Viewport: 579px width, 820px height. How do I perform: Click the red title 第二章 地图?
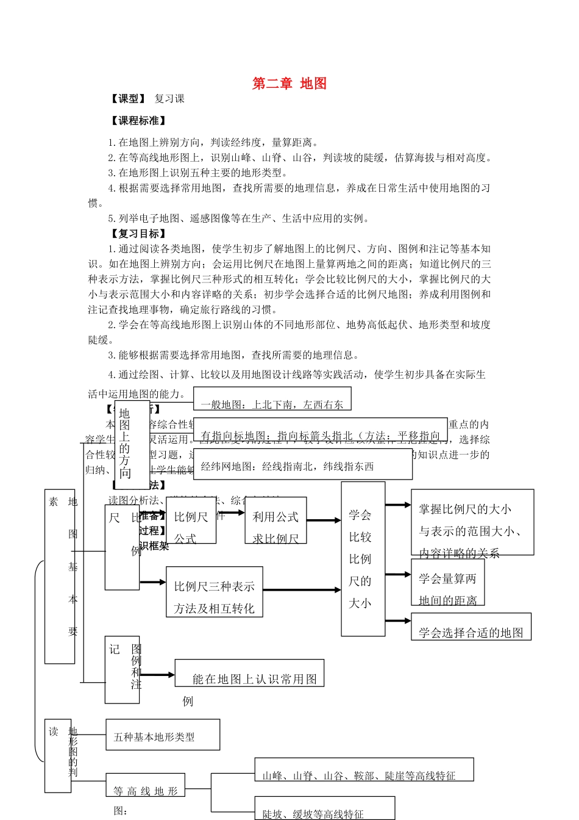(289, 84)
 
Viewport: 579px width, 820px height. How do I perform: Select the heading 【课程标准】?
(138, 121)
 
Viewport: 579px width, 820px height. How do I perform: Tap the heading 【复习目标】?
(138, 234)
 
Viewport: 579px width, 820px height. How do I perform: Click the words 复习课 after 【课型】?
(169, 99)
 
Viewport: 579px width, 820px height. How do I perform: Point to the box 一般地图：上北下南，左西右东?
(272, 398)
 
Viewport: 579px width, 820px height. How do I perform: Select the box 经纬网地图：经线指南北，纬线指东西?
(303, 465)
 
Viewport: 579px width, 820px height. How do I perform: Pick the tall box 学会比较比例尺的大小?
(363, 559)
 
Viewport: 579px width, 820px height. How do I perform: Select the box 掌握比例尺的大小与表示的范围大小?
(472, 522)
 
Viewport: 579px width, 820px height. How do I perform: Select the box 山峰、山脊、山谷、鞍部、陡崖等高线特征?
(364, 769)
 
